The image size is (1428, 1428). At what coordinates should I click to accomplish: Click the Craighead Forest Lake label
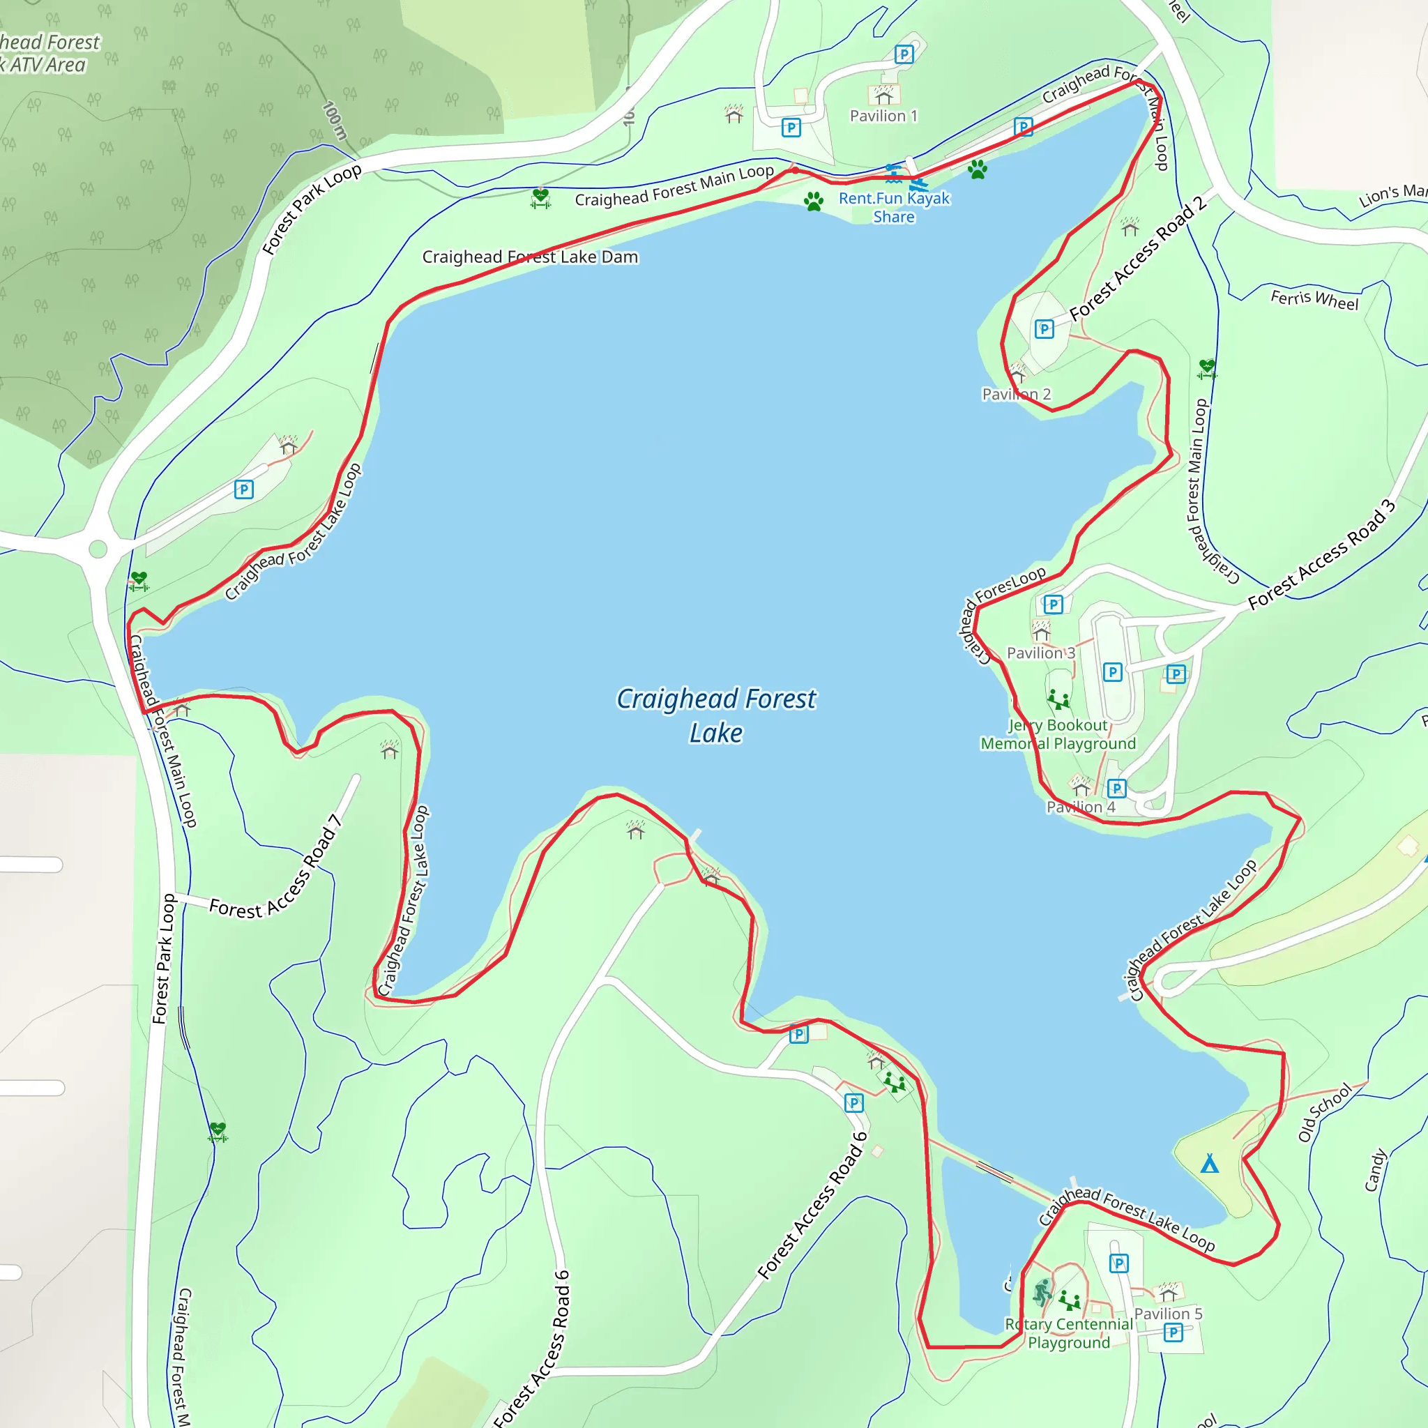(x=715, y=715)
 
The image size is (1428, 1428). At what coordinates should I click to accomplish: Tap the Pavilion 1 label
(x=883, y=116)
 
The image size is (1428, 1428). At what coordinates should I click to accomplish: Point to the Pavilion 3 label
(x=1041, y=653)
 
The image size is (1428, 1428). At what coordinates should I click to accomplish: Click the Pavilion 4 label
(x=1080, y=807)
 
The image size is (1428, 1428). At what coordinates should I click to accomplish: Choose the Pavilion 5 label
(x=1168, y=1314)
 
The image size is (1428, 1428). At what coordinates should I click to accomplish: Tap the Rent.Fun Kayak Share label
(x=894, y=208)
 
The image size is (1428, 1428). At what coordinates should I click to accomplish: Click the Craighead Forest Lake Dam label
(x=530, y=257)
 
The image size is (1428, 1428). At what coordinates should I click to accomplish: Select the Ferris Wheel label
(x=1314, y=299)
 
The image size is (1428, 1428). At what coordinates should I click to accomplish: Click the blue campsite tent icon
(x=1209, y=1164)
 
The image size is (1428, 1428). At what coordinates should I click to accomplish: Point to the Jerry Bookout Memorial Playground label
(x=1058, y=734)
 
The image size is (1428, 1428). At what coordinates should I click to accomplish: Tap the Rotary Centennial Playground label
(x=1068, y=1333)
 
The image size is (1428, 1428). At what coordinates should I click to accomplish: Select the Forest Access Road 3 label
(x=1321, y=554)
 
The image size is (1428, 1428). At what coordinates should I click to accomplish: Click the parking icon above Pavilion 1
(x=903, y=54)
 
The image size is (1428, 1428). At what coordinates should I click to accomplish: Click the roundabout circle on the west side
(x=98, y=549)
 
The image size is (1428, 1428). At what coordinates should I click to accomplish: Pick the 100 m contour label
(x=335, y=120)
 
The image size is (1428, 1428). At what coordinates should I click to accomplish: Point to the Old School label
(x=1325, y=1112)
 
